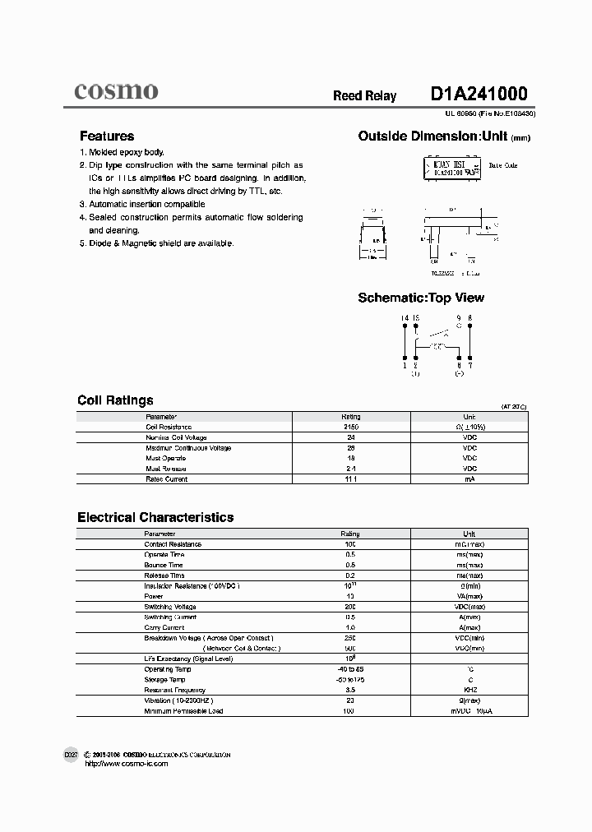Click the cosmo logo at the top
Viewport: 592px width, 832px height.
[116, 91]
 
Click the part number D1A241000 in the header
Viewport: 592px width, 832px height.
[479, 94]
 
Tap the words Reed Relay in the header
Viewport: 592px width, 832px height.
[364, 96]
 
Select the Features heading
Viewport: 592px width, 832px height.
[107, 136]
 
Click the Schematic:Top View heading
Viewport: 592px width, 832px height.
[421, 298]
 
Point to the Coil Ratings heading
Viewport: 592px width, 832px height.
[115, 400]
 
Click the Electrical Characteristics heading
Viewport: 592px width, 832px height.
[155, 517]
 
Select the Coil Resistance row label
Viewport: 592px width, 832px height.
[169, 428]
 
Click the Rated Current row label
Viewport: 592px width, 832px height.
[166, 478]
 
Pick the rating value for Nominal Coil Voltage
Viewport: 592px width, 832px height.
[350, 437]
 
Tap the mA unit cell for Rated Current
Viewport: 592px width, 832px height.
[469, 478]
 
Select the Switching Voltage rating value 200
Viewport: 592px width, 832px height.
[350, 607]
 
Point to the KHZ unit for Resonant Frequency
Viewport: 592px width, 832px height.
[469, 690]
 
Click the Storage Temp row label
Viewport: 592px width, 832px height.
[164, 680]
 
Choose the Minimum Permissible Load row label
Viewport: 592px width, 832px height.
[183, 710]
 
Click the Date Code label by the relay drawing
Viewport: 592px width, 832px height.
[503, 165]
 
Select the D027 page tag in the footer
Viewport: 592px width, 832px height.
[71, 754]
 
